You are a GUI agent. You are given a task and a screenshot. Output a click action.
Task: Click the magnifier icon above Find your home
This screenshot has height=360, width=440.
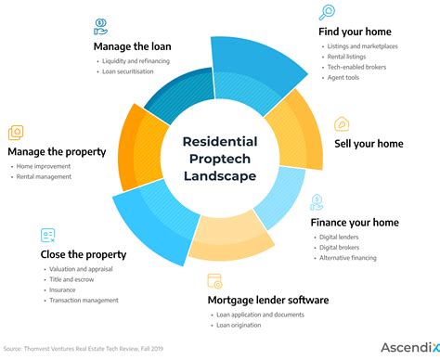[x=326, y=12]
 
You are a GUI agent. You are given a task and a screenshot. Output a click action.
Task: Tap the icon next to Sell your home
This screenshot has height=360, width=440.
[x=342, y=123]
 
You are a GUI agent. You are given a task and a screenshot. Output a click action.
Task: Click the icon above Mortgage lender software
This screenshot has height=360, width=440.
[x=214, y=279]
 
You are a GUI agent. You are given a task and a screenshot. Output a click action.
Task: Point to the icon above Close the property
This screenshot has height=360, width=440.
[x=48, y=236]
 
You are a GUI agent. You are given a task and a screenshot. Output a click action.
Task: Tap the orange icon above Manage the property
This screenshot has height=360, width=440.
[x=16, y=133]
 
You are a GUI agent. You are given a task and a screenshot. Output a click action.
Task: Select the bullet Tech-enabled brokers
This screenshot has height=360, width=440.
[x=355, y=68]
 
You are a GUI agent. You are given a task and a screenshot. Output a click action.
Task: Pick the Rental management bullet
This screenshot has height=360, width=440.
[x=44, y=176]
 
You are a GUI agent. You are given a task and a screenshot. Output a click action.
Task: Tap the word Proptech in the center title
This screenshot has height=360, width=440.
[x=219, y=159]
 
